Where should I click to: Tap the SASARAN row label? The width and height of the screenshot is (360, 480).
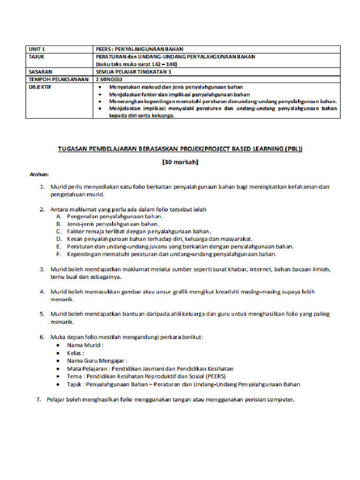click(x=40, y=72)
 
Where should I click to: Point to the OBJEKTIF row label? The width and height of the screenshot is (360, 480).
click(x=40, y=87)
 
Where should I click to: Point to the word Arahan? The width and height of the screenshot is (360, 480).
click(x=40, y=174)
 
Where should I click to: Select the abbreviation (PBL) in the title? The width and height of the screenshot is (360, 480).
click(x=292, y=149)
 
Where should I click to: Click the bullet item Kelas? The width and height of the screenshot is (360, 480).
click(x=75, y=353)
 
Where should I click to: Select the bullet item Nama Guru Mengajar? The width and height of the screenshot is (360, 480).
click(x=97, y=361)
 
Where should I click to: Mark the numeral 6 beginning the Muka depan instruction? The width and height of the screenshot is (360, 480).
click(x=42, y=337)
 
